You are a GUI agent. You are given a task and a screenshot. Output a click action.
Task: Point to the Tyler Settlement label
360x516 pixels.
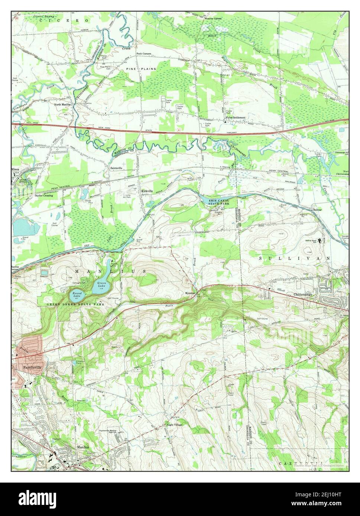(236, 118)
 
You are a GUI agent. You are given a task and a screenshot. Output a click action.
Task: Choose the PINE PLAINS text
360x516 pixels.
(141, 69)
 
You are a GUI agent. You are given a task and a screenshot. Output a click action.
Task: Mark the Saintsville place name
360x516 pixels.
(117, 167)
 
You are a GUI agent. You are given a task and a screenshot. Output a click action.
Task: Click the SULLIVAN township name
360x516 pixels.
(295, 258)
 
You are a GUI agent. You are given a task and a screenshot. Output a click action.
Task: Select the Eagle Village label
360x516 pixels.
(175, 425)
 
